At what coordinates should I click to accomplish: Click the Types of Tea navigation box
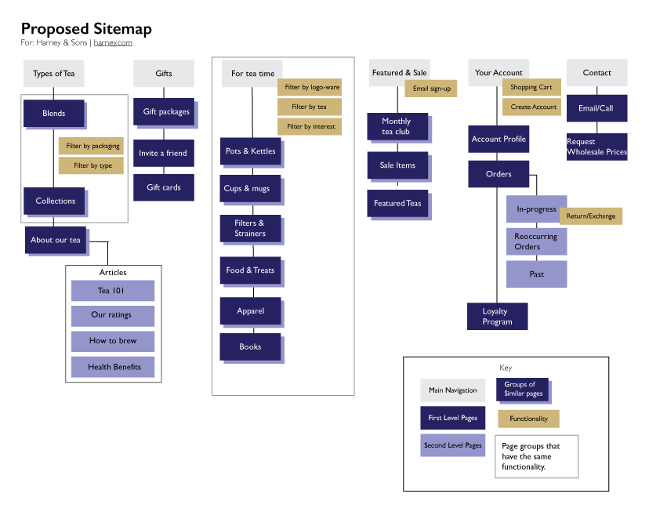pyautogui.click(x=54, y=74)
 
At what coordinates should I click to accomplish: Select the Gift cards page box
pyautogui.click(x=164, y=187)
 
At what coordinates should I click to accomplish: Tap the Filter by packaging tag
pyautogui.click(x=91, y=146)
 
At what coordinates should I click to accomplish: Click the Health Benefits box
pyautogui.click(x=113, y=367)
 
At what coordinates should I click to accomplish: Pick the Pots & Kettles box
pyautogui.click(x=250, y=151)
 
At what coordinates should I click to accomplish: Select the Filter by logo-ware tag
pyautogui.click(x=310, y=87)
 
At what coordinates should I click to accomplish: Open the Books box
pyautogui.click(x=250, y=347)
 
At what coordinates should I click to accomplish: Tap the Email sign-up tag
pyautogui.click(x=431, y=89)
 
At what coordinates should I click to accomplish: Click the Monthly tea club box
pyautogui.click(x=397, y=126)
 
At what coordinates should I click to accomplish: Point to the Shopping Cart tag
pyautogui.click(x=531, y=87)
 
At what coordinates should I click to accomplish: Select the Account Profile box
pyautogui.click(x=499, y=139)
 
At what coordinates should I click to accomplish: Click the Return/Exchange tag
pyautogui.click(x=591, y=216)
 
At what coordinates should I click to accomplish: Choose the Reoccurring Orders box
pyautogui.click(x=536, y=241)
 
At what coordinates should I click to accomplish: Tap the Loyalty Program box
pyautogui.click(x=497, y=317)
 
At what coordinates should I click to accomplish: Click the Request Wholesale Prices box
pyautogui.click(x=596, y=147)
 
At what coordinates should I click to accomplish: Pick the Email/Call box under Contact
pyautogui.click(x=596, y=108)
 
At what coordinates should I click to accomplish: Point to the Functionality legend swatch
pyautogui.click(x=528, y=419)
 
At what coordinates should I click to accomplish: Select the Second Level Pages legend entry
pyautogui.click(x=452, y=445)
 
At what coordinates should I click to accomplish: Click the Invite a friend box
pyautogui.click(x=163, y=153)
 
